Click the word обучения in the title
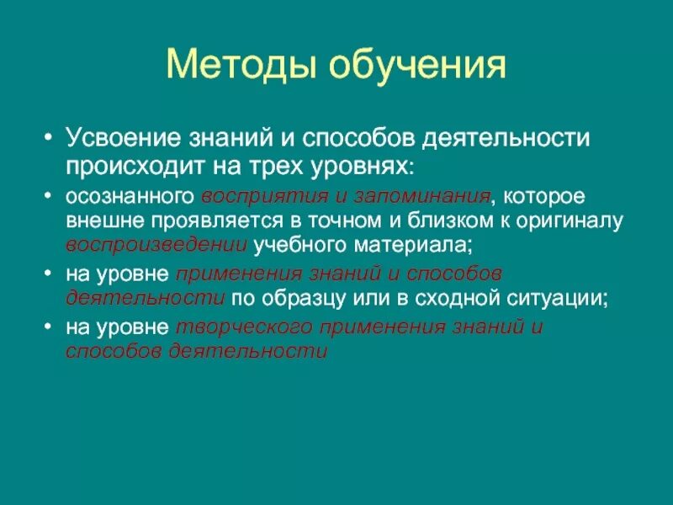click(415, 66)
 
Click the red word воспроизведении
click(156, 245)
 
